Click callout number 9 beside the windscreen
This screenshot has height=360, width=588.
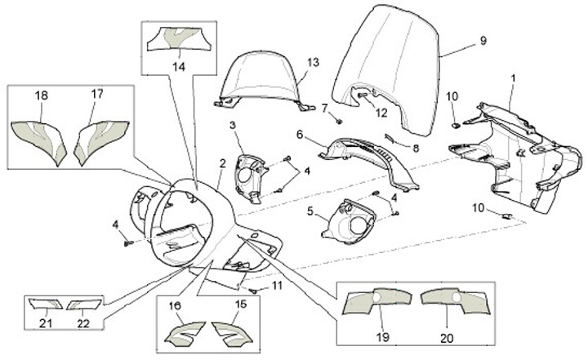tap(483, 40)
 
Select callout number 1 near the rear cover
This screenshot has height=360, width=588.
tap(514, 78)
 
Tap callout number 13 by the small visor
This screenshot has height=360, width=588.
tap(313, 62)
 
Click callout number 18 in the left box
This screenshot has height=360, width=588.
tap(41, 96)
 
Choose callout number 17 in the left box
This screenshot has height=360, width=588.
tap(97, 95)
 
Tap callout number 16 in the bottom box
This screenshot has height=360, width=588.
tap(175, 305)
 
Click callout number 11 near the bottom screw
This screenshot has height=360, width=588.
tap(278, 286)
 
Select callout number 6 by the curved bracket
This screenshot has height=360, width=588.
tap(300, 134)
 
